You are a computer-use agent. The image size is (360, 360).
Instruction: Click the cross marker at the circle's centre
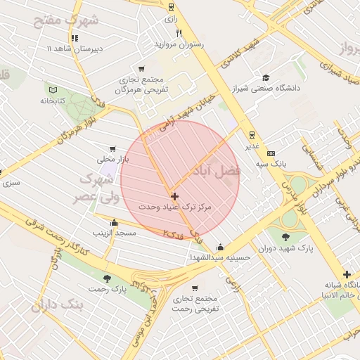point(174,196)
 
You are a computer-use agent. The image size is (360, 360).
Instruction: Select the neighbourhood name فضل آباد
point(214,169)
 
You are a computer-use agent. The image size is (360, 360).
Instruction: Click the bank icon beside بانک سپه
point(271,154)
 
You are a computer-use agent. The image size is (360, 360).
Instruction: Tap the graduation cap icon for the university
point(266,77)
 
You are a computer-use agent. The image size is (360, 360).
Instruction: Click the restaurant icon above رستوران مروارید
point(179,33)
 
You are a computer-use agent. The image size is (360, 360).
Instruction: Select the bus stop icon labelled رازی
point(171,7)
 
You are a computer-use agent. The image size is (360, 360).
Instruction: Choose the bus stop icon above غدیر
point(251,135)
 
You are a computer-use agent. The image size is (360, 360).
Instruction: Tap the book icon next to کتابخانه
point(53,89)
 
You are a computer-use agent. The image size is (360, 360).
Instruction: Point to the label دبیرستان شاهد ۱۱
point(75,49)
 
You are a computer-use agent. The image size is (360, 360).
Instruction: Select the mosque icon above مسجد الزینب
point(115,222)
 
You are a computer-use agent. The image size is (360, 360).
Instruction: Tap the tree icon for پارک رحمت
point(106,278)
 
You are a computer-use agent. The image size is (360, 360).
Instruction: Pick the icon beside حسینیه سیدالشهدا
point(221,247)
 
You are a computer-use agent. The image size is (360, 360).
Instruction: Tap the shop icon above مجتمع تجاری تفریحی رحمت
point(193,288)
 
